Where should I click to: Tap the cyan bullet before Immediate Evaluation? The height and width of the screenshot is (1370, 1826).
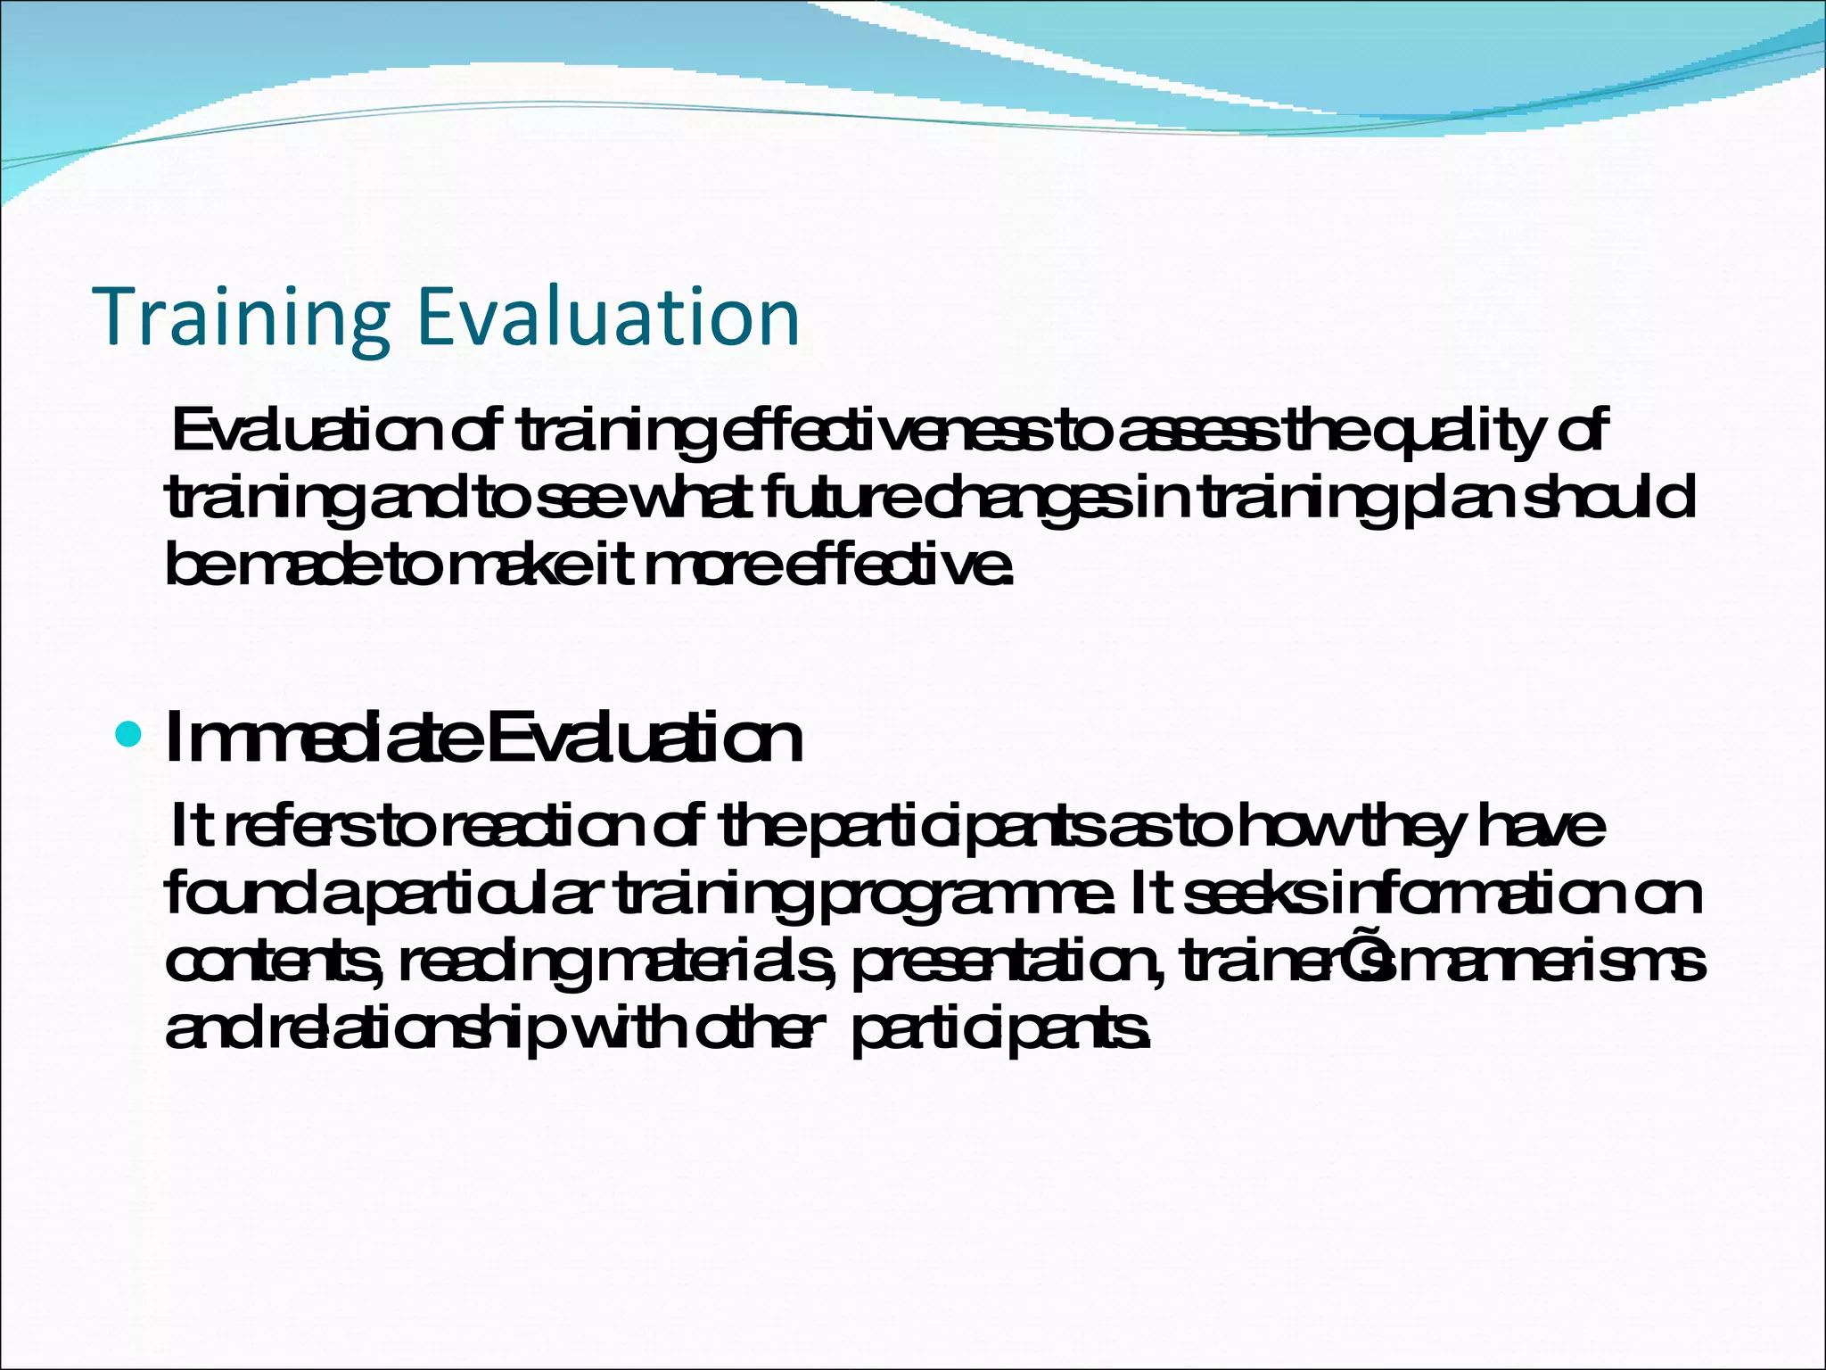tap(129, 735)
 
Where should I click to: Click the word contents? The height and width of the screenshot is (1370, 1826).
tap(267, 963)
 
